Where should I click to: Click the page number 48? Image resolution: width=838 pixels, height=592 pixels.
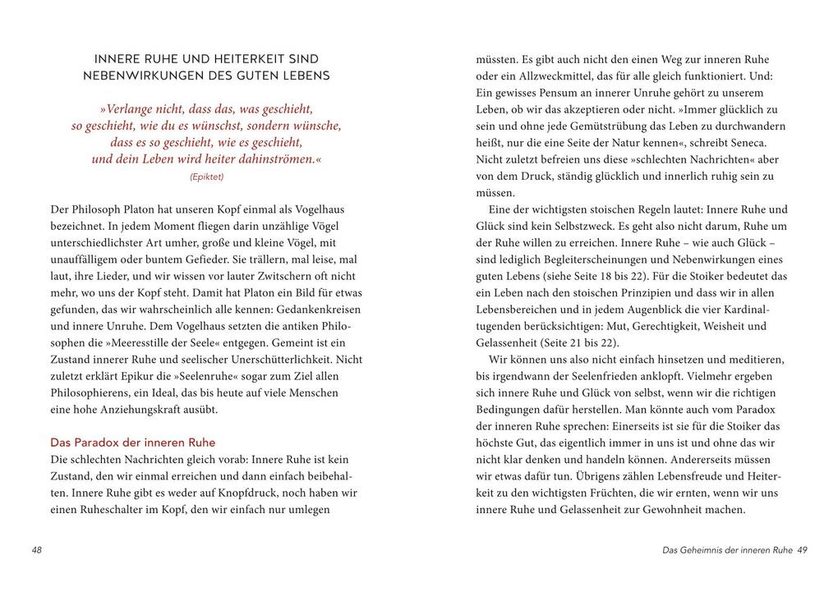[36, 549]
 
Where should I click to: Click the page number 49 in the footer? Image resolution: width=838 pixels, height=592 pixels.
[802, 549]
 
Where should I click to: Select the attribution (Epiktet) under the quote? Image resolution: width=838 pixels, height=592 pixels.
[206, 177]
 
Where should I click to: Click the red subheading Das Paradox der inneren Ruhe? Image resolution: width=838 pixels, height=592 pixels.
[132, 442]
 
